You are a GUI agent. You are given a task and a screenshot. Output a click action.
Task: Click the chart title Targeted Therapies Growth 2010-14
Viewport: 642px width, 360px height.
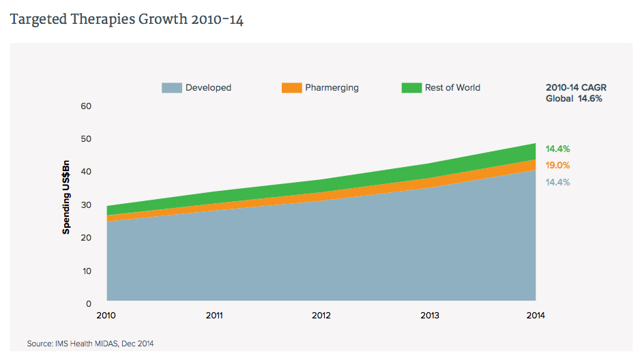coord(127,19)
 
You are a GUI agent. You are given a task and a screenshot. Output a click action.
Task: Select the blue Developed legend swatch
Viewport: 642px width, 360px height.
coord(172,88)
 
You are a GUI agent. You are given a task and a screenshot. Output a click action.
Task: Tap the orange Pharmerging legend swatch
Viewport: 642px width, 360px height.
coord(291,88)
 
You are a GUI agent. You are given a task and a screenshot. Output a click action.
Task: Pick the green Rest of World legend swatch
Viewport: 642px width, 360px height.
coord(411,88)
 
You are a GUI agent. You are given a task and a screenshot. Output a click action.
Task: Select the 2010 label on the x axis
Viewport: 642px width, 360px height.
coord(107,316)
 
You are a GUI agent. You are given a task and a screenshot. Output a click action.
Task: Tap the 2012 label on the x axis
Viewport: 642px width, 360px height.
coord(321,316)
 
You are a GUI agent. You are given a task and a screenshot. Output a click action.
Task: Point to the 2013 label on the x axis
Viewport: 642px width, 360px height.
coord(428,316)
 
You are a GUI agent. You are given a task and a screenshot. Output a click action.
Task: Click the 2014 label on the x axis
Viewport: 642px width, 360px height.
coord(535,316)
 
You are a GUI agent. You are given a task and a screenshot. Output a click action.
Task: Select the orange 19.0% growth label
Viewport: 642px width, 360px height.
coord(557,165)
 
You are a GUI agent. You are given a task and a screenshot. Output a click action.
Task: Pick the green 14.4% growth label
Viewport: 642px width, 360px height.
coord(557,149)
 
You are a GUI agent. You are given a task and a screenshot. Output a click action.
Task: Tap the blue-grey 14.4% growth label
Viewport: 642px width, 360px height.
coord(557,182)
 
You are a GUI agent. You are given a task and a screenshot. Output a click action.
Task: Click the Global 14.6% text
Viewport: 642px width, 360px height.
coord(574,99)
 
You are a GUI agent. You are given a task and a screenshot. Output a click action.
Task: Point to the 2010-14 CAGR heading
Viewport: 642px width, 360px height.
coord(576,88)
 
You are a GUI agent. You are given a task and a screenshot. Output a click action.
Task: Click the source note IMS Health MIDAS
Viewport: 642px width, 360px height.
coord(91,344)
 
